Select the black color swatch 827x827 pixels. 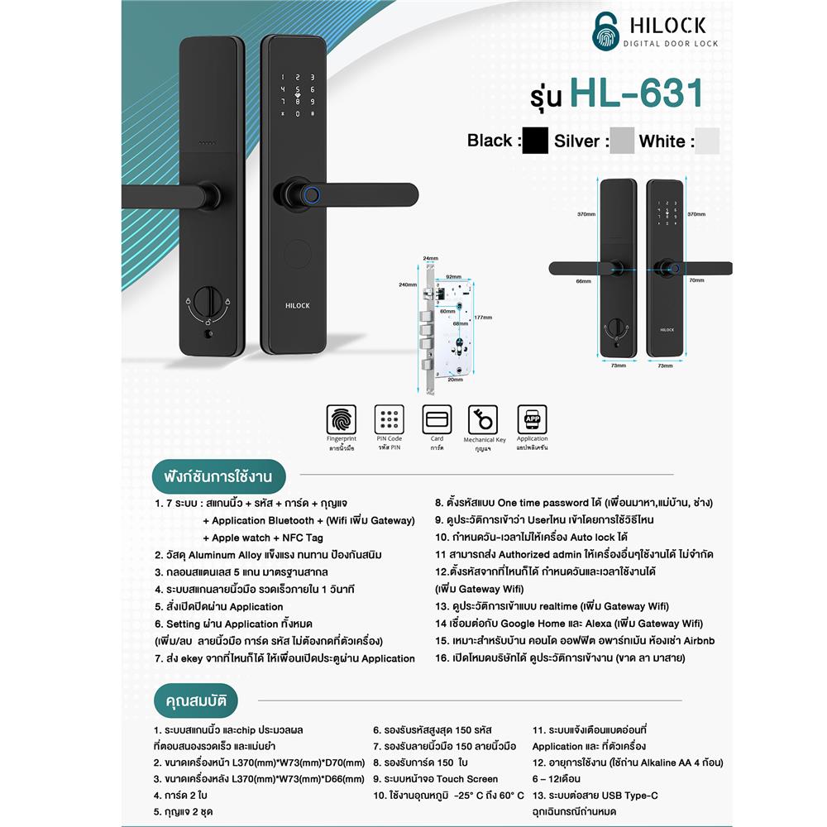(535, 141)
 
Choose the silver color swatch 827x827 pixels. (622, 141)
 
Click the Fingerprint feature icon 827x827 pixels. (342, 418)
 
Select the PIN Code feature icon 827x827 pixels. (389, 418)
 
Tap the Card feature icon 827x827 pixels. (436, 418)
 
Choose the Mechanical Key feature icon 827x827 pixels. (483, 418)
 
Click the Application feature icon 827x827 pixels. (532, 418)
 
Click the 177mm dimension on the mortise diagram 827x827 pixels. (483, 317)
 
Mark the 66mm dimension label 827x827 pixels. (585, 281)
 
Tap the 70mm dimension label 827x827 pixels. (696, 280)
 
